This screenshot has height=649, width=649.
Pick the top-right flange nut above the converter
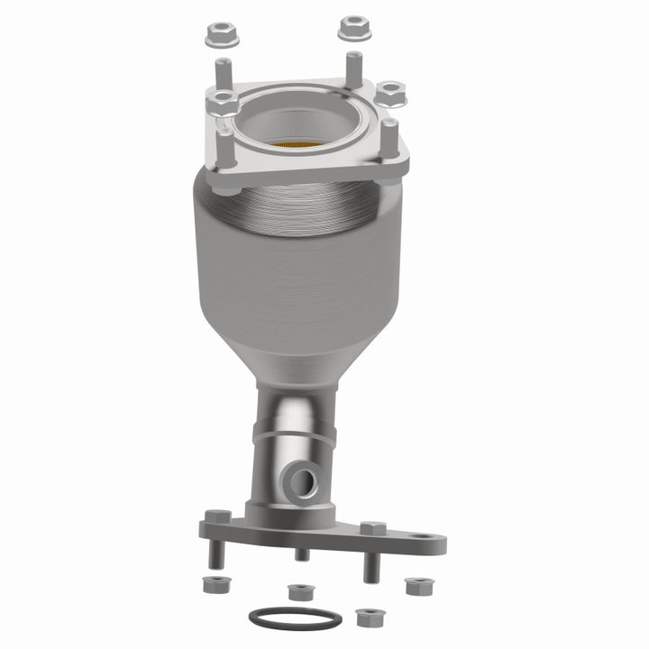[354, 28]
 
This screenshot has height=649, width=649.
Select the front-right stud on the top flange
[389, 144]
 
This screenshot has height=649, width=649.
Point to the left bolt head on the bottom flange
[217, 519]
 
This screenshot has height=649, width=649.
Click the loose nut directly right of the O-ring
[366, 617]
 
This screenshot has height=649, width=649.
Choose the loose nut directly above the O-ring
[298, 592]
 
